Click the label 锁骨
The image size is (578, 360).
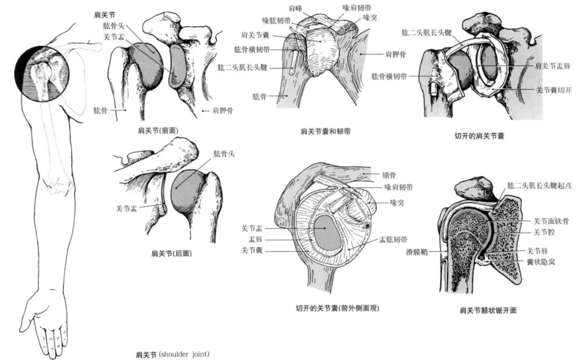(390, 174)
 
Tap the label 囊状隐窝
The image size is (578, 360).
(541, 262)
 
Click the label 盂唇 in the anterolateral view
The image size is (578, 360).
(258, 239)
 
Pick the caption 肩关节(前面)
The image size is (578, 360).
(158, 129)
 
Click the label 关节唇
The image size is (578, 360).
(537, 250)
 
